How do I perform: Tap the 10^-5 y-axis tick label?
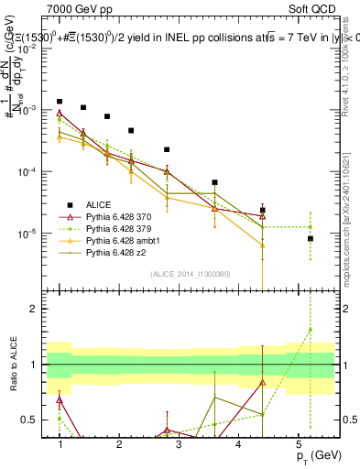pyautogui.click(x=30, y=234)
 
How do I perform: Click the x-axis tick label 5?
pyautogui.click(x=298, y=444)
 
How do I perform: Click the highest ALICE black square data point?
pyautogui.click(x=60, y=102)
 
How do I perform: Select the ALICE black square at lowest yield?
pyautogui.click(x=311, y=238)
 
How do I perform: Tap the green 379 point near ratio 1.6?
pyautogui.click(x=311, y=330)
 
